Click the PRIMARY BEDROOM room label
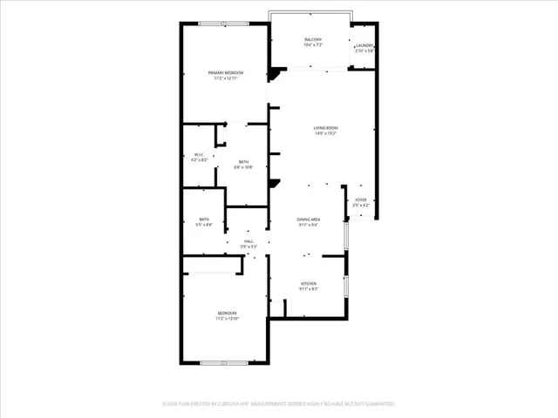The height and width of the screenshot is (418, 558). tap(225, 72)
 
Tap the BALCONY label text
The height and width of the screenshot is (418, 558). tap(313, 40)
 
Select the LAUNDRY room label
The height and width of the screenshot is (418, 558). tap(364, 45)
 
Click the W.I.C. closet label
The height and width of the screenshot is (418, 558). tap(199, 156)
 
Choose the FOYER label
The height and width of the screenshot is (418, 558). tap(361, 200)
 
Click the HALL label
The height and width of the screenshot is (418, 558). tap(248, 242)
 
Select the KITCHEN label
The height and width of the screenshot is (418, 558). tap(310, 283)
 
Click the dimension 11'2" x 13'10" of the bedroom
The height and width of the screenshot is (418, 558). tap(227, 319)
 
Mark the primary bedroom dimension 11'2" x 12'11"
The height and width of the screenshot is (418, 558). tap(225, 78)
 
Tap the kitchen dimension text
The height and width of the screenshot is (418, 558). tap(310, 288)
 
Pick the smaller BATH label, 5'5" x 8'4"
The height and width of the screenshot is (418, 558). tap(204, 219)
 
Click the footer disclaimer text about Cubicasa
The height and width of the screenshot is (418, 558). tap(279, 404)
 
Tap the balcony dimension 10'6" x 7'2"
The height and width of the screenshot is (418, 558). tap(313, 45)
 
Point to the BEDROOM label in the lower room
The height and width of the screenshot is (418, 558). tap(227, 313)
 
